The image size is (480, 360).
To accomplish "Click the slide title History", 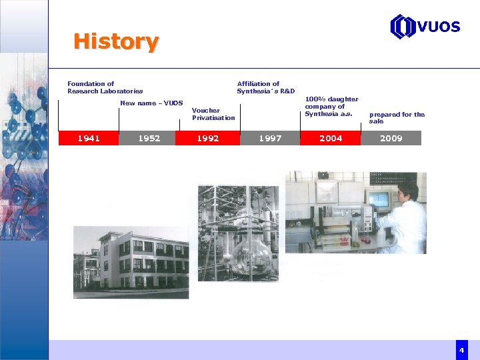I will tap(116, 41).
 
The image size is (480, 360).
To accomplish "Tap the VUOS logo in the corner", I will tap(425, 27).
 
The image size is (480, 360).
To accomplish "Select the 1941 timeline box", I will tap(89, 138).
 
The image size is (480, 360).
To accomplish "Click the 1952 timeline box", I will tap(149, 138).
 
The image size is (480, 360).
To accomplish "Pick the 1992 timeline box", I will tap(208, 138).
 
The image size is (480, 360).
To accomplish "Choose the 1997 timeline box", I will tap(270, 138).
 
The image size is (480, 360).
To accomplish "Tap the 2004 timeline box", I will tap(331, 138).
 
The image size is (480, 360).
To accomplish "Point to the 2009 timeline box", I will tap(391, 138).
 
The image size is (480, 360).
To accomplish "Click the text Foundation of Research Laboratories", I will tap(105, 87).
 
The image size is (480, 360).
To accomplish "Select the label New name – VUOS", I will tap(151, 103).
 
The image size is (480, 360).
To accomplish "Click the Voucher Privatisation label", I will tap(213, 114).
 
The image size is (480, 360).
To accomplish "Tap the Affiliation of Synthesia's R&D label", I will tap(265, 87).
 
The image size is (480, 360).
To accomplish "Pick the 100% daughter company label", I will tap(331, 107).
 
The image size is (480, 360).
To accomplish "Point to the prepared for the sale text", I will tap(397, 117).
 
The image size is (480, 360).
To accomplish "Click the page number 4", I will tap(461, 350).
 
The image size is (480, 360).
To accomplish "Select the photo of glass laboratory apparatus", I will tap(238, 233).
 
